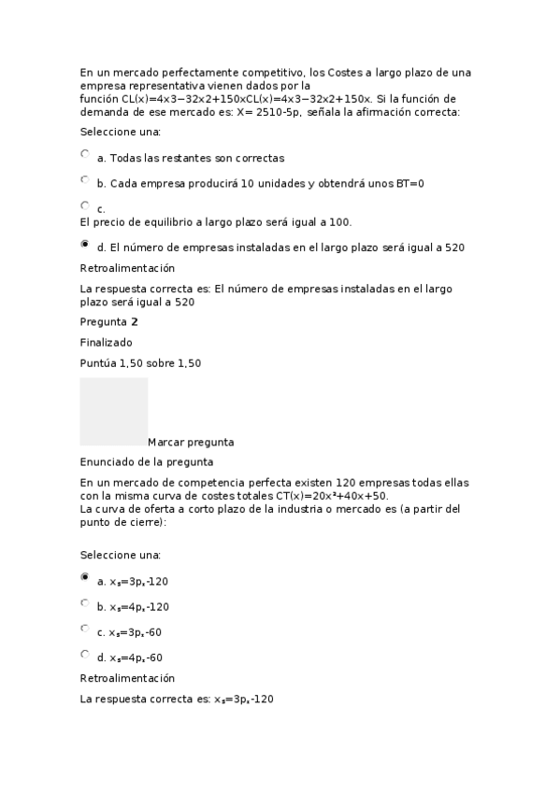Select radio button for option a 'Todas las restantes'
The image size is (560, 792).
coord(85,154)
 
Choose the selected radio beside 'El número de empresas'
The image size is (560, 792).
coord(85,244)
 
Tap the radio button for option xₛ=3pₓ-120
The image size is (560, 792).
coord(85,577)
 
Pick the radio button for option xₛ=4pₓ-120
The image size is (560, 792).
coord(85,603)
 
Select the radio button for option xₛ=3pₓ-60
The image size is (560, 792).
coord(85,629)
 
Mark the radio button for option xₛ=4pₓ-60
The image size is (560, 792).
coord(85,654)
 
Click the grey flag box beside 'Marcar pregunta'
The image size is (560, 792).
coord(113,411)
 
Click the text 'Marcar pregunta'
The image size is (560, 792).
coord(191,442)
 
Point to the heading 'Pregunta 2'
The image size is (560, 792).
coord(108,322)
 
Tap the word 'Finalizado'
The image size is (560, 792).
coord(106,343)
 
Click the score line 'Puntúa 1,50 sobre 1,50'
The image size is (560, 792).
coord(140,363)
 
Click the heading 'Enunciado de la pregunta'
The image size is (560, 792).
coord(147,461)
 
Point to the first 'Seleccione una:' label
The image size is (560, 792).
coord(121,133)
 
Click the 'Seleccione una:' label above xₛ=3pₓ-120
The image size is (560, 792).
coord(121,555)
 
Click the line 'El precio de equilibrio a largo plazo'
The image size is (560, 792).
coord(215,222)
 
